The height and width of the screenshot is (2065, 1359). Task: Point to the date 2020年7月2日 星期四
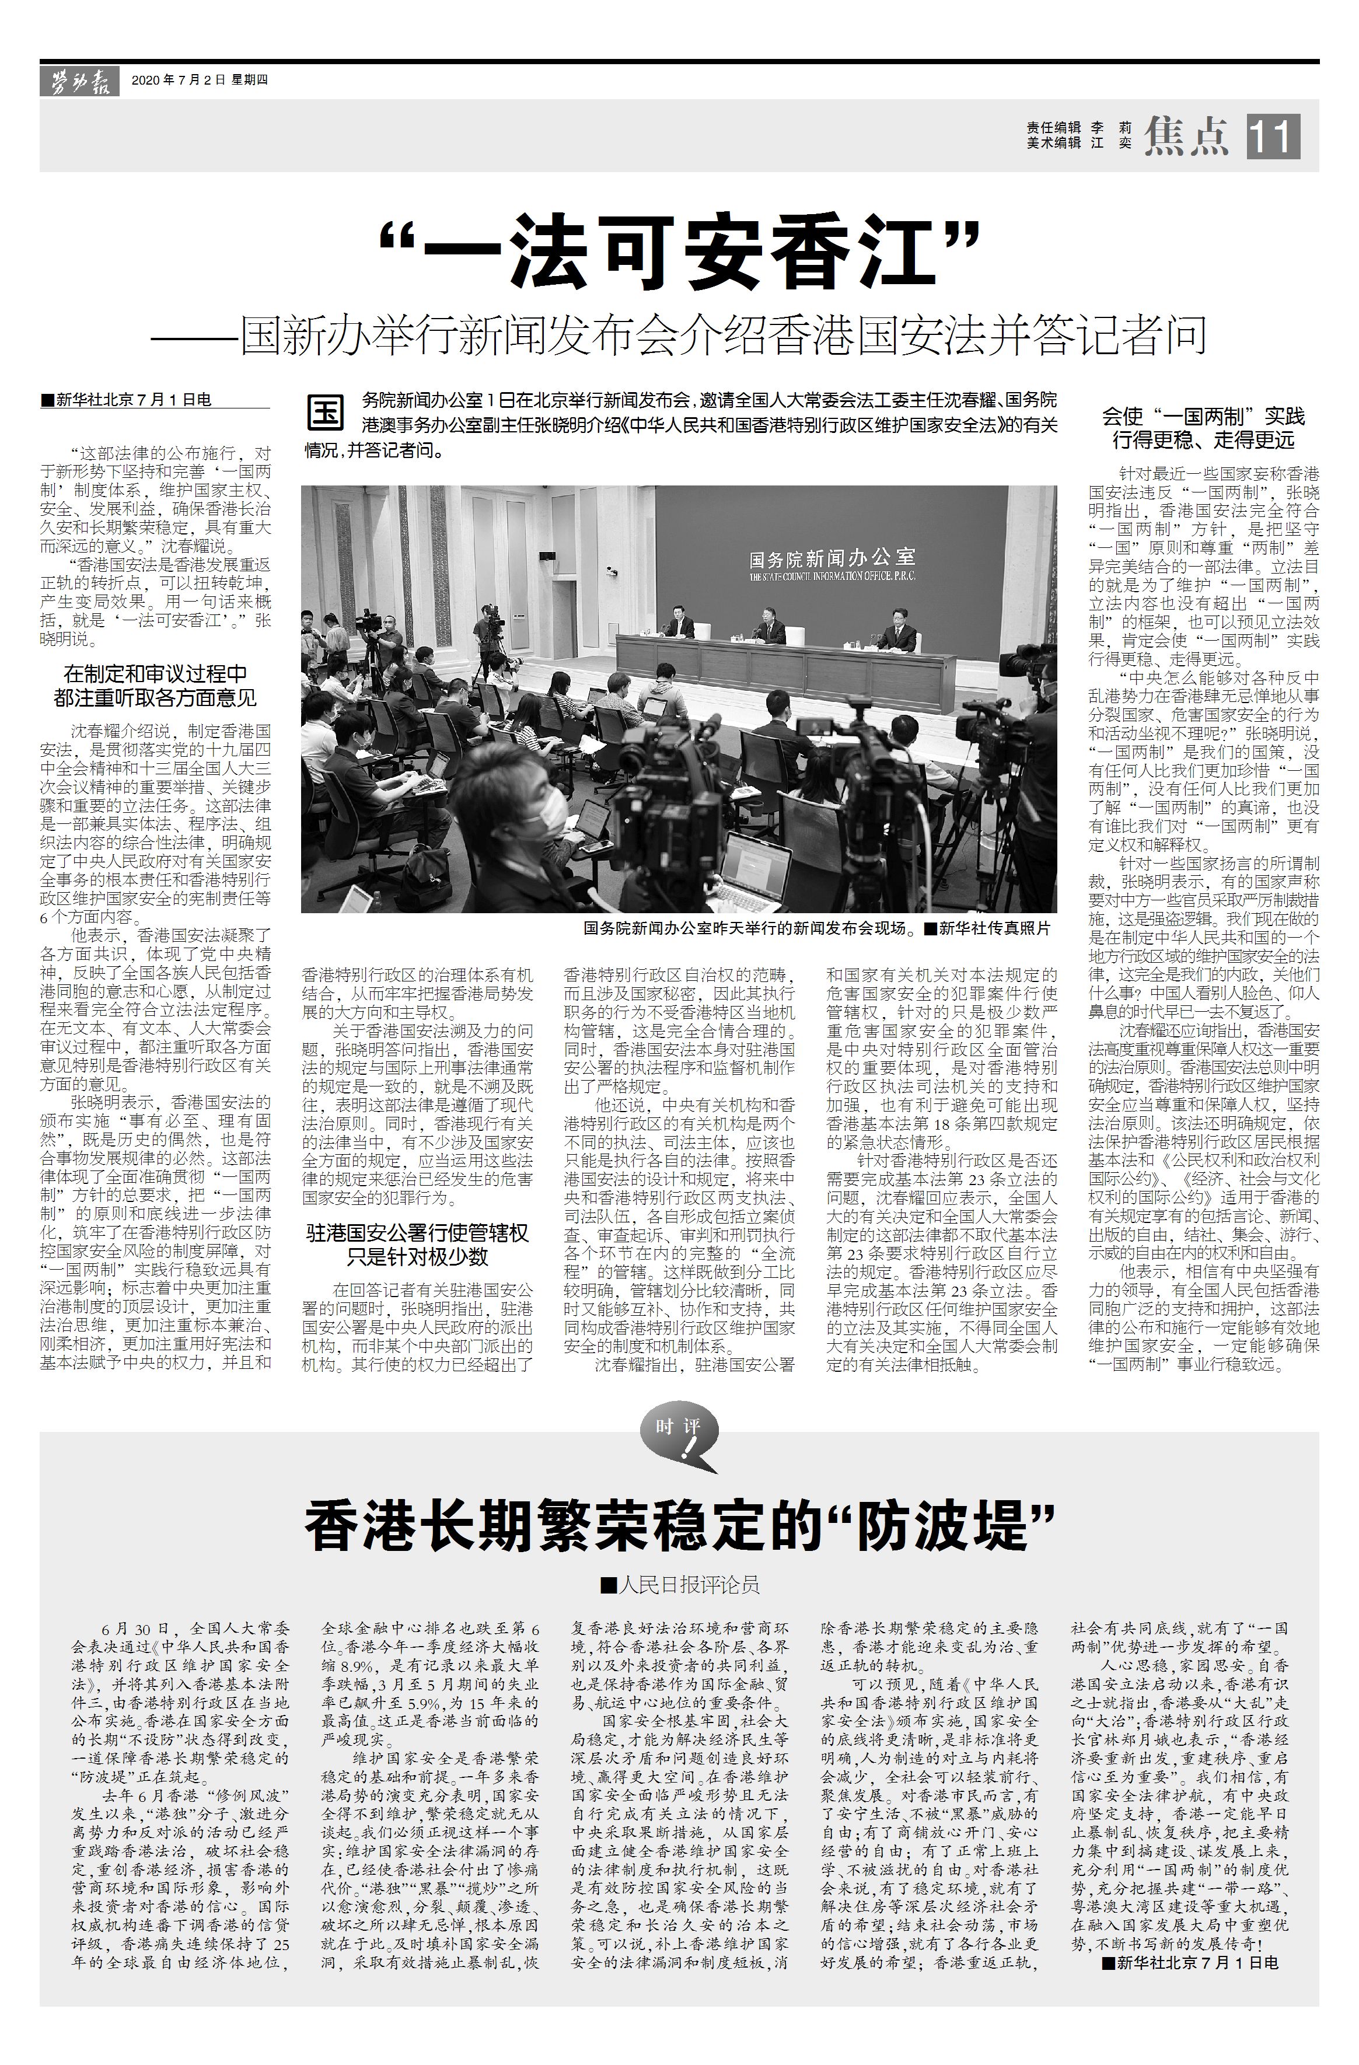pyautogui.click(x=199, y=81)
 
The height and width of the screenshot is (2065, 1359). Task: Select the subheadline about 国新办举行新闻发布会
pyautogui.click(x=679, y=334)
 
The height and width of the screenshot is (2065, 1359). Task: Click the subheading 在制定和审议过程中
pyautogui.click(x=155, y=673)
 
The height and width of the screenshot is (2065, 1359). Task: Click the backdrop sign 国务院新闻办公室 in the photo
pyautogui.click(x=832, y=557)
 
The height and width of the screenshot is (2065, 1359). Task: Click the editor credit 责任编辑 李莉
pyautogui.click(x=1079, y=127)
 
